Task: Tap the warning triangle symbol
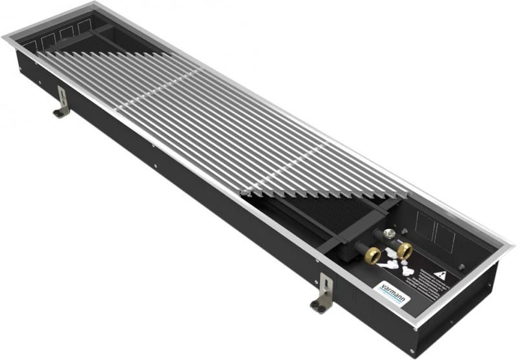point(440,275)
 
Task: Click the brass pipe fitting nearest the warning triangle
point(405,249)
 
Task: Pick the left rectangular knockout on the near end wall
point(425,224)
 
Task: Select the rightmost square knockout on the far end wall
point(83,26)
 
